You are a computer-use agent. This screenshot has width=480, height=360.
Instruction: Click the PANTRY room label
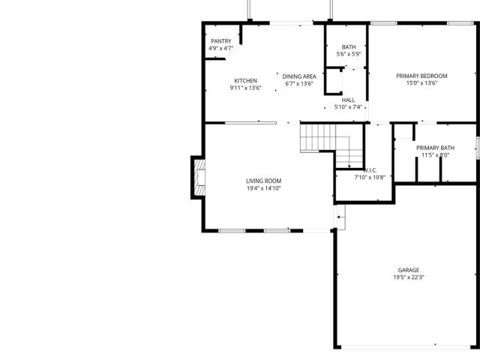[221, 41]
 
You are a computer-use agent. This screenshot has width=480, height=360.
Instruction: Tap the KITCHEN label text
[245, 80]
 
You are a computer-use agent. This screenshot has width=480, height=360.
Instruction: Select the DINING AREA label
[299, 76]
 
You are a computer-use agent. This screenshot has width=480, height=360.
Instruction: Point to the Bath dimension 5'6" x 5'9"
[349, 54]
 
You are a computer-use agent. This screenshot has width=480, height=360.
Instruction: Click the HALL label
[348, 100]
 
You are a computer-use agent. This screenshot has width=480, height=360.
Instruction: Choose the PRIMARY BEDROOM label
[421, 76]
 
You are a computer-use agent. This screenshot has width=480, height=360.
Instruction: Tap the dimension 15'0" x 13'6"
[421, 83]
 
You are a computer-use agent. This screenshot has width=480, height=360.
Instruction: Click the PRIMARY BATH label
[435, 148]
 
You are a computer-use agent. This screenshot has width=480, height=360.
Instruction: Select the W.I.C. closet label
[370, 170]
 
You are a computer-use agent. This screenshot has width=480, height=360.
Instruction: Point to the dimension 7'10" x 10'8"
[370, 177]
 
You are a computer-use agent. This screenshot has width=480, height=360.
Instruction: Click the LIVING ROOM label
[263, 181]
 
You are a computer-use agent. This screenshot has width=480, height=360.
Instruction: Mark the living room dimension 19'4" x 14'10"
[263, 188]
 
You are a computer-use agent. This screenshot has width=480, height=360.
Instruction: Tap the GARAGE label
[409, 270]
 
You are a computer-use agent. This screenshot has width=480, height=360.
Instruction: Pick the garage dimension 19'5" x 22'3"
[409, 277]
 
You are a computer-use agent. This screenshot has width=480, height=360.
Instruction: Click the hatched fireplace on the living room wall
[199, 178]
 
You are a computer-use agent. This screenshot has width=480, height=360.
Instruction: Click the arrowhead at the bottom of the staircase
[349, 166]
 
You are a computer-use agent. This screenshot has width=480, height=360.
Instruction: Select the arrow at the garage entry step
[340, 217]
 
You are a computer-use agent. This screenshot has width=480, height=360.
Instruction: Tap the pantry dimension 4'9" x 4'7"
[221, 48]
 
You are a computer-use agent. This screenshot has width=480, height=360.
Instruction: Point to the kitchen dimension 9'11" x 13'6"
[245, 88]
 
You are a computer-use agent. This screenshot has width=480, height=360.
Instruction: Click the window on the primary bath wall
[478, 148]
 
